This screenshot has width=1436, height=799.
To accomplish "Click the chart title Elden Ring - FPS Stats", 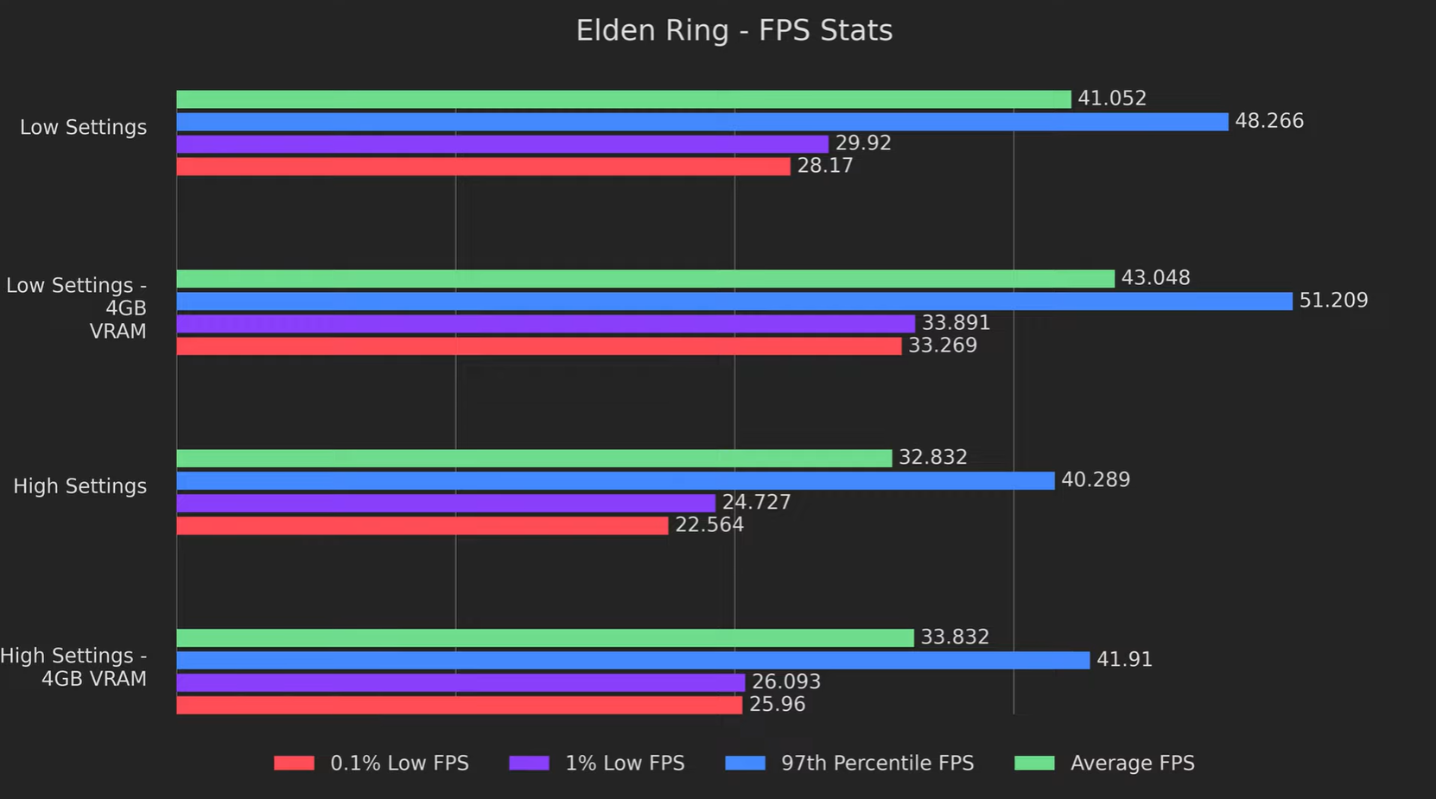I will (734, 31).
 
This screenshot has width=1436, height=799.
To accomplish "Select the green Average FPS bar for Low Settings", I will (623, 99).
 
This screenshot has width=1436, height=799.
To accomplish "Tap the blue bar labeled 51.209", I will (734, 301).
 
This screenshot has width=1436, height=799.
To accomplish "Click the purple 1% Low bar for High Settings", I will (446, 503).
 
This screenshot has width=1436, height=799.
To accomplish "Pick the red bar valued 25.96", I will (459, 705).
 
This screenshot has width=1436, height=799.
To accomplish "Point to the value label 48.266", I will (1268, 121).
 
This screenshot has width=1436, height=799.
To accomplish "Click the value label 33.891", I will (955, 323).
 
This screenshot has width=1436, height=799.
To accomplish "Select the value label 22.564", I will (708, 525).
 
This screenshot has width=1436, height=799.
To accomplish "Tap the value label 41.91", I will (1123, 660).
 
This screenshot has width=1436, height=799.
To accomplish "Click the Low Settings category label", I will (83, 128).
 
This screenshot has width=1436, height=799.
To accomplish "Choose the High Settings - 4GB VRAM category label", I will (74, 667).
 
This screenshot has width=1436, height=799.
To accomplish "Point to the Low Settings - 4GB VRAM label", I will (77, 308).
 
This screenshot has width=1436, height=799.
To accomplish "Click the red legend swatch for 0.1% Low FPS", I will (294, 763).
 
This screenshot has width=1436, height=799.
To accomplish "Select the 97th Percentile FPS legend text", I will (877, 764).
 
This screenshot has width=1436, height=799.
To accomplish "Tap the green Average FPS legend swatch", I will (1034, 763).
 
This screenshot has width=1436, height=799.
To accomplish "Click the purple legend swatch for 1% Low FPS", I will (529, 763).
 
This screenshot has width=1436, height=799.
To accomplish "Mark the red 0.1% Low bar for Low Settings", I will (483, 167).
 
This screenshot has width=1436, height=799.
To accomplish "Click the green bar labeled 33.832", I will (545, 637).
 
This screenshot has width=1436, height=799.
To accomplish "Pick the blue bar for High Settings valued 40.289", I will (615, 480).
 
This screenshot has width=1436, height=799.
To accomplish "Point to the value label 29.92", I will (862, 143).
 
